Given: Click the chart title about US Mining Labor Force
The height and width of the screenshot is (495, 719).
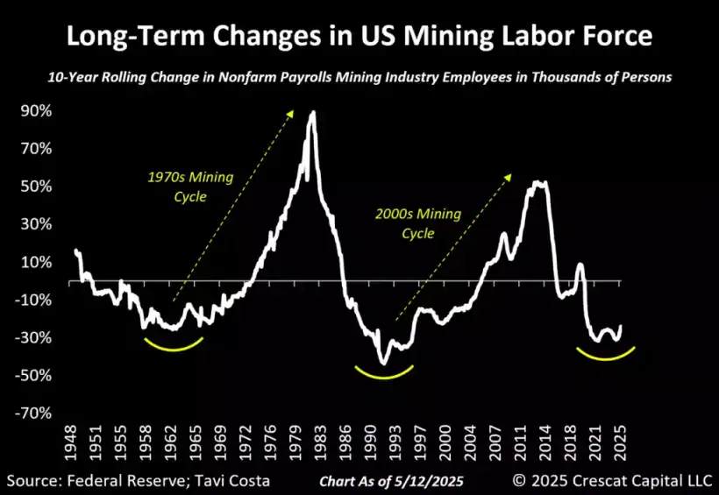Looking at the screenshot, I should (359, 37).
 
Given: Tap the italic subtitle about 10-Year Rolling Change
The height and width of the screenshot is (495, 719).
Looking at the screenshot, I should (359, 77).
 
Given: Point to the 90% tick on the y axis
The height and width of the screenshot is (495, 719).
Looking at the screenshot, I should (36, 111).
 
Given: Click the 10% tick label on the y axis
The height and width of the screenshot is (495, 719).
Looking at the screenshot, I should (36, 262).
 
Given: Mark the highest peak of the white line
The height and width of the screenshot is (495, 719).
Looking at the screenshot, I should (312, 112).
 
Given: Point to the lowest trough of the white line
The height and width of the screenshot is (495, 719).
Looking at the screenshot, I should (382, 363).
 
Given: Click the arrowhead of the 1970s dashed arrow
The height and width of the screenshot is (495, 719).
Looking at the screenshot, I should (294, 110).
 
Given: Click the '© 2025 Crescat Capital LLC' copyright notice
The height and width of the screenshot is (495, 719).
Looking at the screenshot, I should (614, 479).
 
